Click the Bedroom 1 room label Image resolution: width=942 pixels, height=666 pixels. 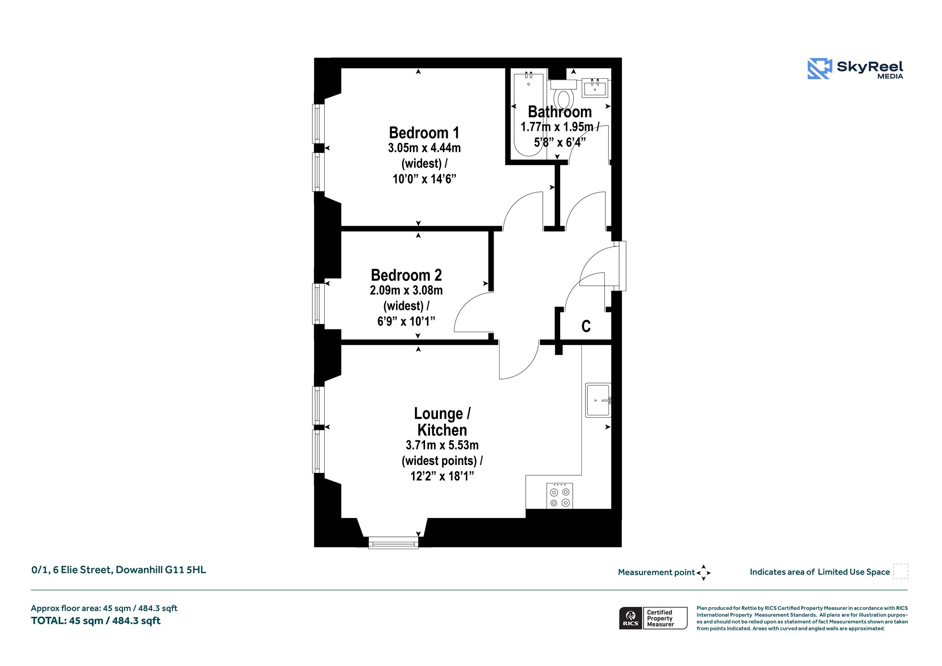point(424,133)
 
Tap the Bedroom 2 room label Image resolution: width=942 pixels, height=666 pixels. point(406,275)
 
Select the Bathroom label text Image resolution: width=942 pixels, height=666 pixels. point(560,112)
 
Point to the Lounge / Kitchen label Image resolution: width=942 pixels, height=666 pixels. point(442,422)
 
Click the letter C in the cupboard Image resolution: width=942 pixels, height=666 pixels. point(586,326)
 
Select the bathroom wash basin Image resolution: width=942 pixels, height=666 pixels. point(595,87)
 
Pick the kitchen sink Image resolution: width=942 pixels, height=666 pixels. point(598,400)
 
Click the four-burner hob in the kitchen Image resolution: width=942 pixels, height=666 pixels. point(560,496)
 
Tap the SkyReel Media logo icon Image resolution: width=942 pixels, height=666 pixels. point(820,69)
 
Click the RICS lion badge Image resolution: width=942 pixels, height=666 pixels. point(631,618)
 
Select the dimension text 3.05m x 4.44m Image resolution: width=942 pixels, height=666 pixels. point(424,148)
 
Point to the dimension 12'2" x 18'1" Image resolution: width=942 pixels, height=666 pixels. point(442,476)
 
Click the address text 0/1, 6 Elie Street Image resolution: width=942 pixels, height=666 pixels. point(72,570)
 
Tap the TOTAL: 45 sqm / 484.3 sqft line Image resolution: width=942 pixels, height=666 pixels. point(96,621)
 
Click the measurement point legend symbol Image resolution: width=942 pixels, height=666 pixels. point(703,573)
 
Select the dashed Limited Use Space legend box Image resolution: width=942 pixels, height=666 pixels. point(901,571)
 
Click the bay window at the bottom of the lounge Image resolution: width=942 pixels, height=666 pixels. point(393,543)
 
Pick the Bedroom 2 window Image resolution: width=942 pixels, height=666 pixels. point(318,304)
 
